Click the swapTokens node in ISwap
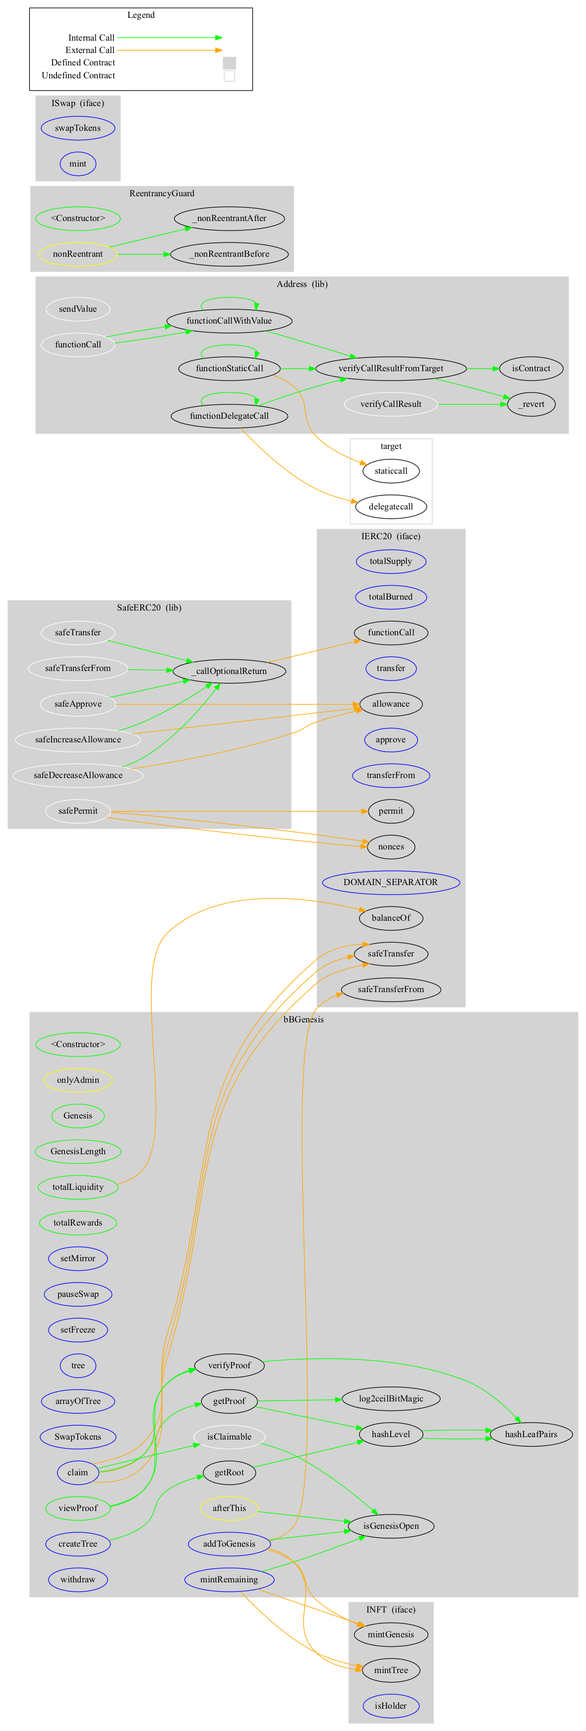point(77,128)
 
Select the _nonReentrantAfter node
point(229,219)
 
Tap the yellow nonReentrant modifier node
point(77,254)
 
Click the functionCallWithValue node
point(229,321)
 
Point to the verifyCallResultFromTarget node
point(391,368)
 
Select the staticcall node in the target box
point(391,470)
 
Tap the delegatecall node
point(391,506)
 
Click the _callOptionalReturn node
point(229,670)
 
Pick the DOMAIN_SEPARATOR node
point(391,882)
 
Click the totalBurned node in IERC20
point(391,597)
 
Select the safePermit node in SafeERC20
point(77,810)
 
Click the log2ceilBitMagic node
point(391,1398)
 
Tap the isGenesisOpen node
point(391,1526)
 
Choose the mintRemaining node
point(229,1579)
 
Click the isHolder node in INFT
point(391,1705)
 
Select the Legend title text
point(140,15)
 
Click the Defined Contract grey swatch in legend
point(229,62)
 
